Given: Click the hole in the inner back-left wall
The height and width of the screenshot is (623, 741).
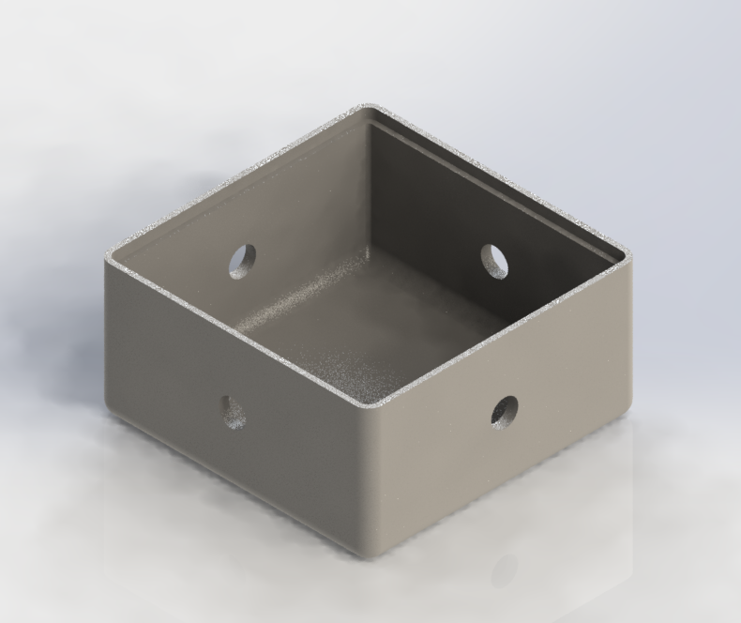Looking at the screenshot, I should (x=242, y=260).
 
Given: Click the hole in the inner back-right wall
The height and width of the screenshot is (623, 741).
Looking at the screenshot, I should (x=494, y=260).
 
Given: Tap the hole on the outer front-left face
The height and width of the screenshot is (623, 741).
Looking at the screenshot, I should (x=232, y=411).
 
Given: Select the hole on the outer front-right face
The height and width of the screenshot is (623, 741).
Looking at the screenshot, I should (x=504, y=411).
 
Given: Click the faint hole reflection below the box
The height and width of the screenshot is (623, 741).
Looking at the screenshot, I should (x=505, y=569).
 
